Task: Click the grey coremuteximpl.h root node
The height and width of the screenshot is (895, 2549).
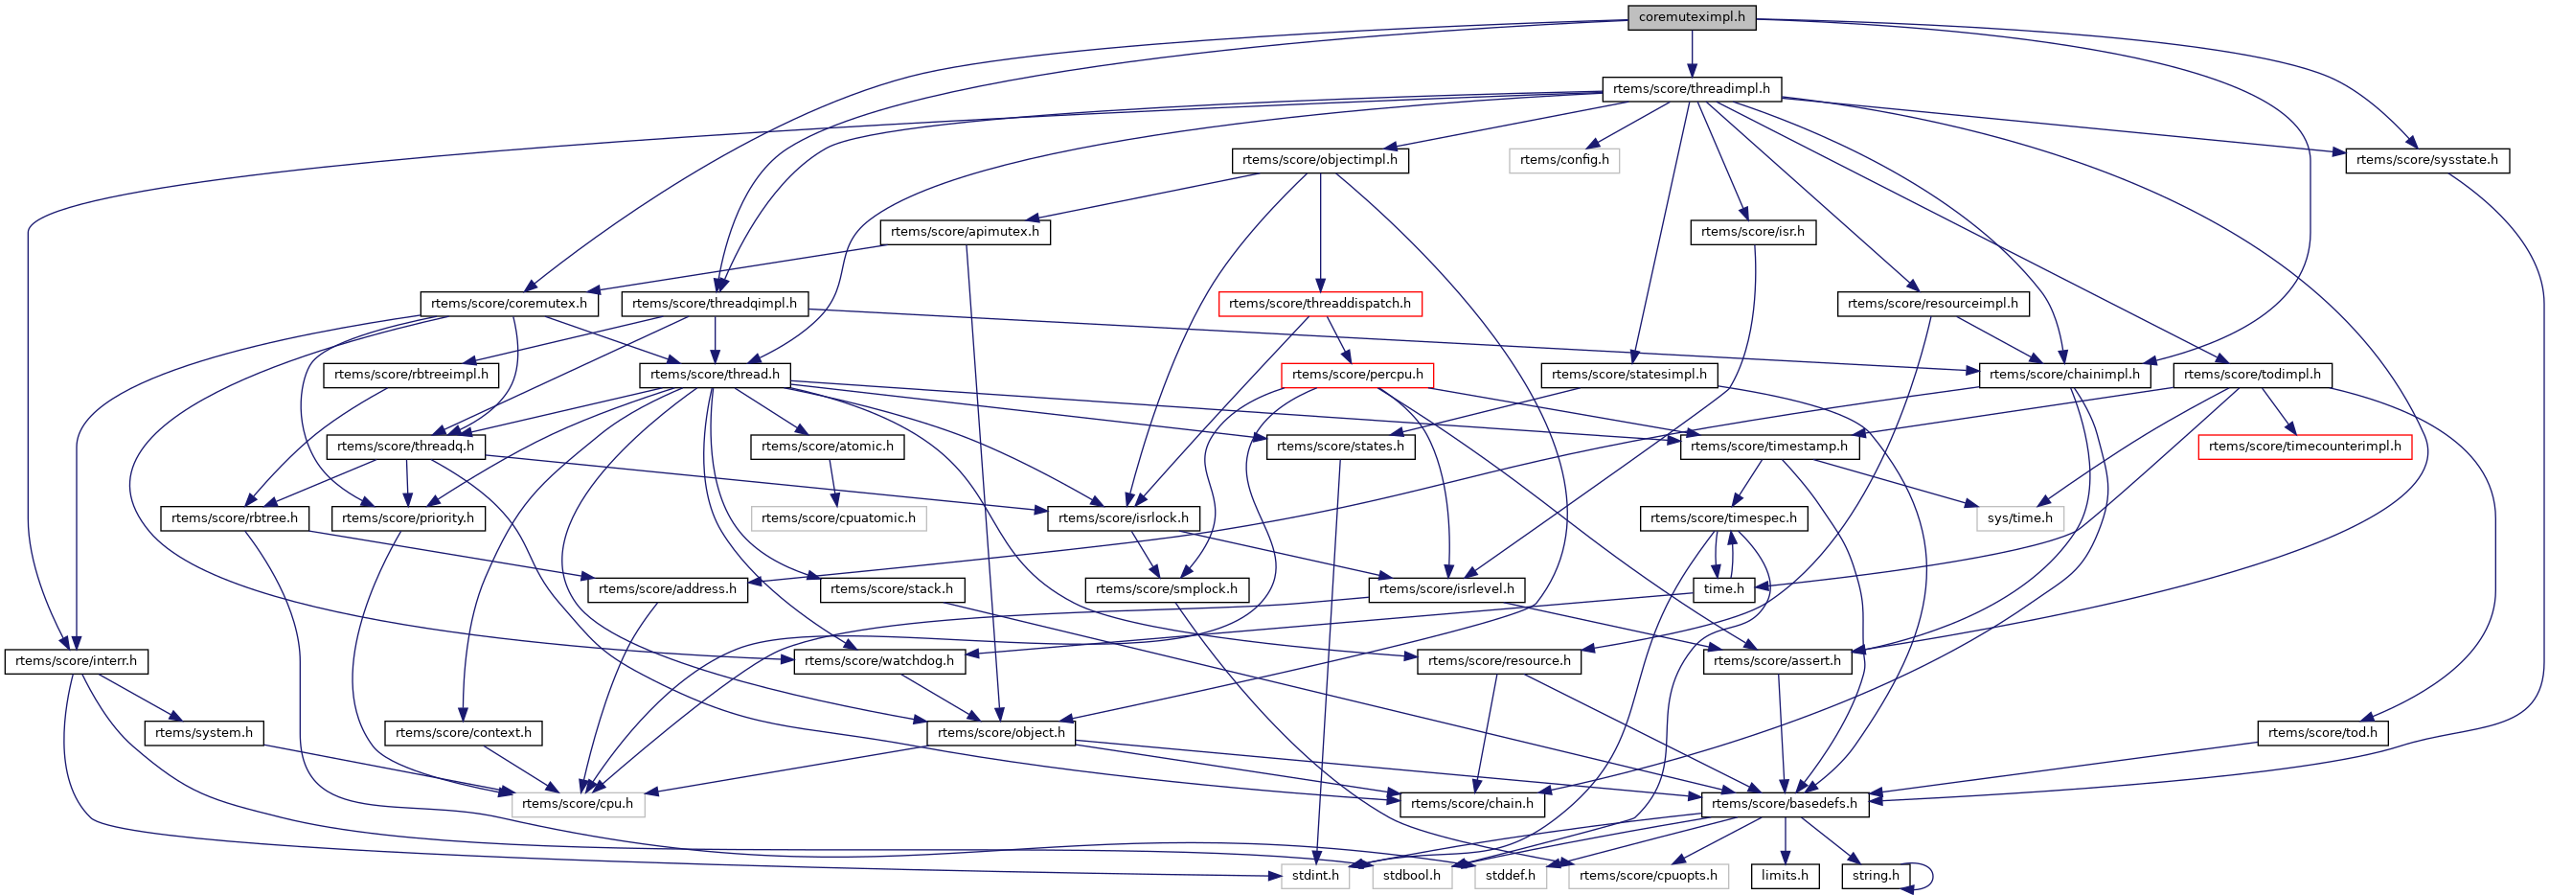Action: pos(1691,17)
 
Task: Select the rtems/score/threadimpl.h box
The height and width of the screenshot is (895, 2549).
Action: pos(1691,89)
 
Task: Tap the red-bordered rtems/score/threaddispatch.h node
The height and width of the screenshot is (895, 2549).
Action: pos(1320,303)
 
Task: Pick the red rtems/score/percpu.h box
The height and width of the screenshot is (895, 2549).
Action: pos(1356,375)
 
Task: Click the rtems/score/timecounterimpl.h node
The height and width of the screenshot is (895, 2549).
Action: pos(2305,447)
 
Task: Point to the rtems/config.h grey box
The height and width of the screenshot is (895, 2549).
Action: pos(1563,160)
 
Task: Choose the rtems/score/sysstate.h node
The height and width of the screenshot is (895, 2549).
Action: pos(2426,160)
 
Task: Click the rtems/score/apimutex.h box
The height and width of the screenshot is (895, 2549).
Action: pos(965,232)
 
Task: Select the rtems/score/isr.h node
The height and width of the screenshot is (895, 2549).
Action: pos(1752,232)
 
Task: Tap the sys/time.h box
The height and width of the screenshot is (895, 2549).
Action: pos(2019,517)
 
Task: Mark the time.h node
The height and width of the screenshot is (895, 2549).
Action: pos(1723,589)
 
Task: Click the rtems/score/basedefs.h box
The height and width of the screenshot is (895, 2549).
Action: pos(1784,804)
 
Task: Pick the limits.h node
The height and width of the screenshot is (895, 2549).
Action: pos(1786,875)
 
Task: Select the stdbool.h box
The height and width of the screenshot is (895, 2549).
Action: pos(1411,875)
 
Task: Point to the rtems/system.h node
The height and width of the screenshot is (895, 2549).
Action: pos(204,733)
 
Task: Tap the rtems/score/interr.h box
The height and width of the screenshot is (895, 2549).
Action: pos(77,661)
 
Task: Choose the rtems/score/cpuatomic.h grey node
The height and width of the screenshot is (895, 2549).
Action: pos(838,517)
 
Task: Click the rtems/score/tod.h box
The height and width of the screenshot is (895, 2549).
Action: pos(2322,733)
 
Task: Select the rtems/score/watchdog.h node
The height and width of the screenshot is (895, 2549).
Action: pos(878,661)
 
